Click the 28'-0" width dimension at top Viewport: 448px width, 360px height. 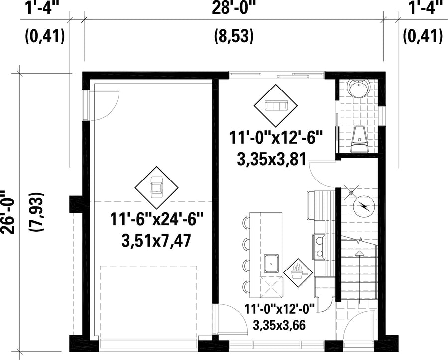[x=233, y=8]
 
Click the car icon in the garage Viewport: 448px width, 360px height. [x=157, y=187]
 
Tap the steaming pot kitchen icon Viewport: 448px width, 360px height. [x=298, y=272]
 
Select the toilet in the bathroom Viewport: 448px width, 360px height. [x=359, y=139]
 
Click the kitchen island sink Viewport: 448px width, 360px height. [x=271, y=263]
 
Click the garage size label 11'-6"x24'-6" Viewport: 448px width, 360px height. [x=156, y=220]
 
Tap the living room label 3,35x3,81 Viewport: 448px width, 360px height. [x=272, y=159]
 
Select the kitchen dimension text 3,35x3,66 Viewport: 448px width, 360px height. [x=279, y=325]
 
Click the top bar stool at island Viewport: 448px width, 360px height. [x=246, y=223]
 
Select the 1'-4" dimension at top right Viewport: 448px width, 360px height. [x=423, y=8]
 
